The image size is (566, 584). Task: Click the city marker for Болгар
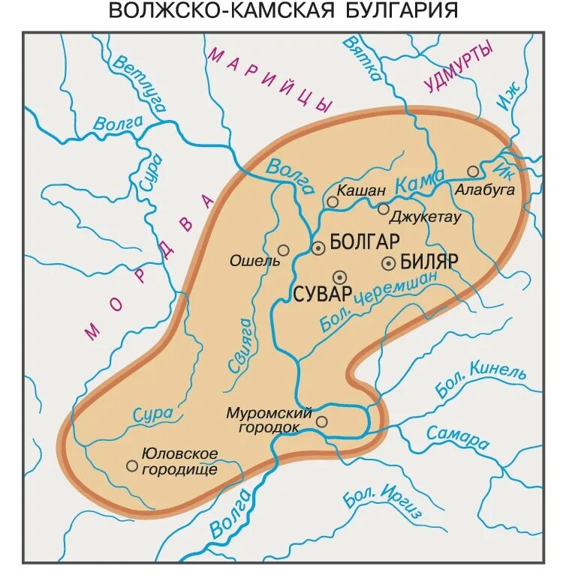[x=318, y=247]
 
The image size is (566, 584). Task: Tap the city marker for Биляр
[x=389, y=262]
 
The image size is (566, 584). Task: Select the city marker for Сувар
[x=339, y=276]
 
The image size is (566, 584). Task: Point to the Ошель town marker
[x=283, y=250]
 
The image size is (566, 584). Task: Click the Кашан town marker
[x=333, y=202]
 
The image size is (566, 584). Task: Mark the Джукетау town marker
[x=384, y=208]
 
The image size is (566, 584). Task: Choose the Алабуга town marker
[x=473, y=171]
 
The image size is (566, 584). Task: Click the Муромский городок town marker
[x=321, y=421]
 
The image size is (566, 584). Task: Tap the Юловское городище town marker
[x=132, y=466]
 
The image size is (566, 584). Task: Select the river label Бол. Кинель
[x=480, y=379]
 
